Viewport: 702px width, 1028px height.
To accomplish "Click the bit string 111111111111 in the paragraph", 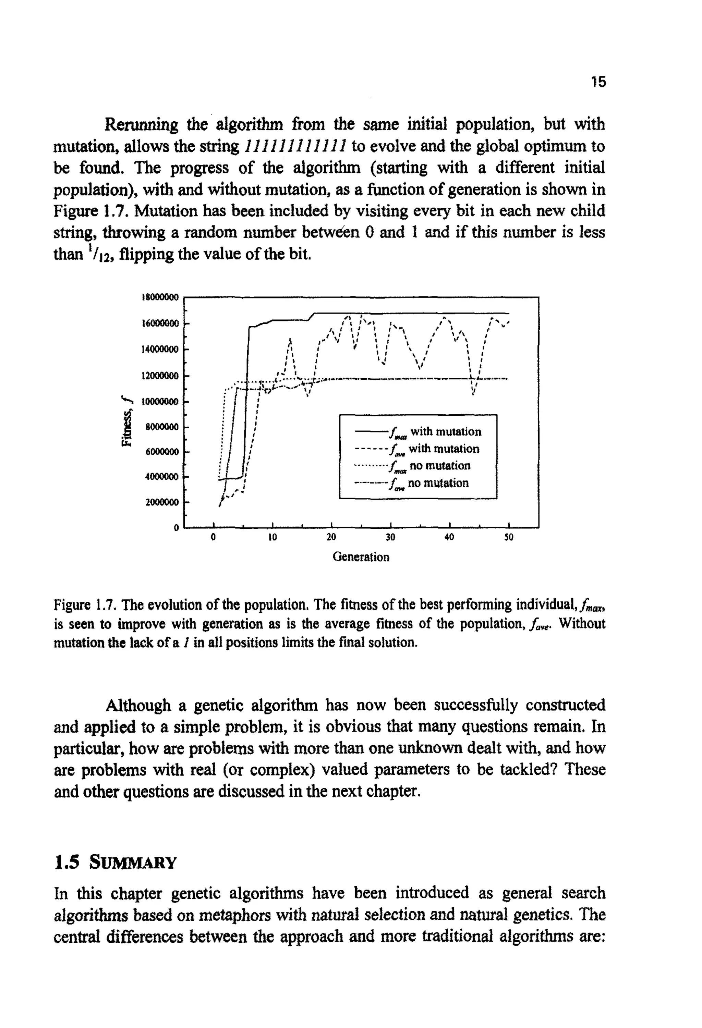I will tap(296, 146).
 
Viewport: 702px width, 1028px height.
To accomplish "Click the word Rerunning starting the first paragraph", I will tap(141, 125).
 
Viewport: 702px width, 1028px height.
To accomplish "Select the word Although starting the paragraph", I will tap(138, 705).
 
